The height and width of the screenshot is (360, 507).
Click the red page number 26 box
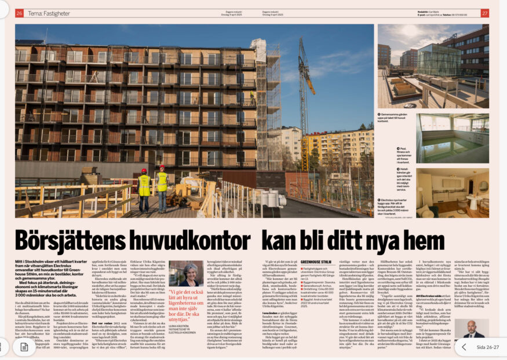tap(19, 13)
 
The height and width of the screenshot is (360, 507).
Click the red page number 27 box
tap(484, 13)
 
